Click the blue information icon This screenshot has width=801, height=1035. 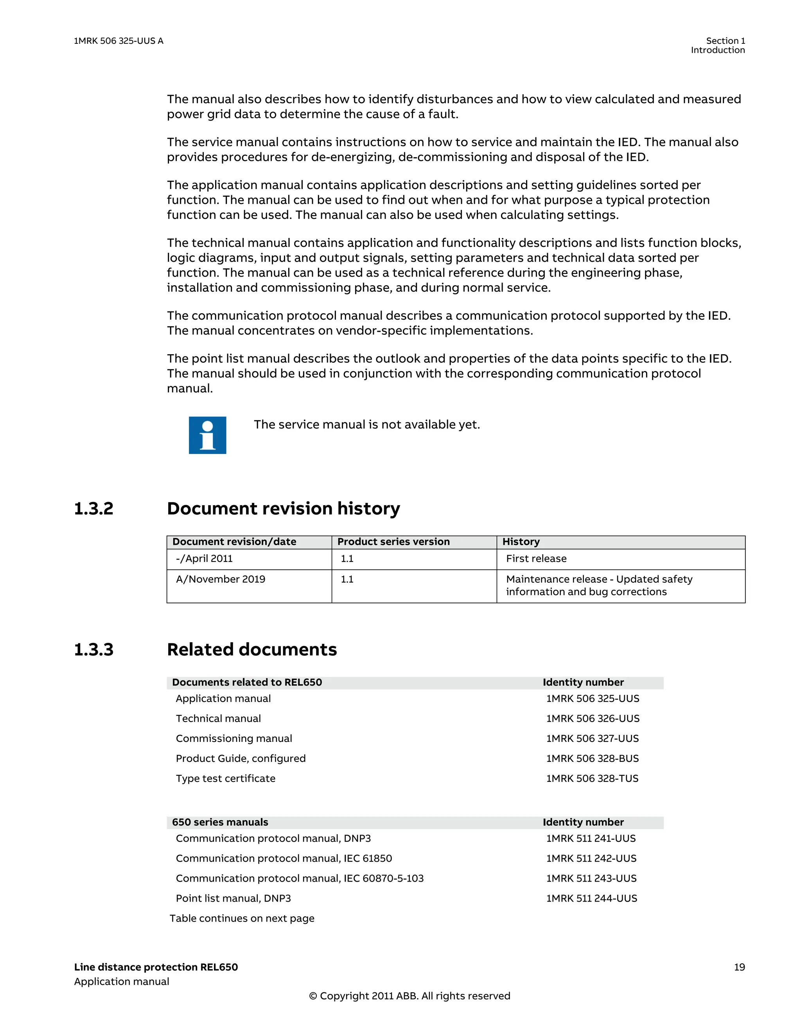point(207,435)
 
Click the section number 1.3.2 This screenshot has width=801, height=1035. point(94,508)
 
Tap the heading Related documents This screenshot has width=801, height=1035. point(251,649)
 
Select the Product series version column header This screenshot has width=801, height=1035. point(393,542)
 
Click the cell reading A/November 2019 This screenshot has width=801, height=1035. point(221,579)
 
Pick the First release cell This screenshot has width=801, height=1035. point(536,559)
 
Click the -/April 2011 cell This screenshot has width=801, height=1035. point(204,559)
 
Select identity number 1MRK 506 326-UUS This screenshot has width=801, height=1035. point(593,718)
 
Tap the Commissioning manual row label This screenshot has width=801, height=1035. point(233,738)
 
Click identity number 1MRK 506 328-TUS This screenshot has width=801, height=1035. point(592,778)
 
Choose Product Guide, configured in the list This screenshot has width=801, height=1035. point(241,758)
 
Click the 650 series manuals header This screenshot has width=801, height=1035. point(220,822)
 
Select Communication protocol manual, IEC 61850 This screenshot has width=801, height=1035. point(284,858)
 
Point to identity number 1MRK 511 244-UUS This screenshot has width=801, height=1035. point(592,898)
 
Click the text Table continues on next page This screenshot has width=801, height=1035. point(242,918)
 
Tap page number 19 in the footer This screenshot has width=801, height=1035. point(739,967)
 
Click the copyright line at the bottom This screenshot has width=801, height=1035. point(409,995)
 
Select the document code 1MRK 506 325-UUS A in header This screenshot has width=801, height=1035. point(119,41)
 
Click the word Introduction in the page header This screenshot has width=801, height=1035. point(718,50)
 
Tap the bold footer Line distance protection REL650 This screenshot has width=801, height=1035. point(156,967)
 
